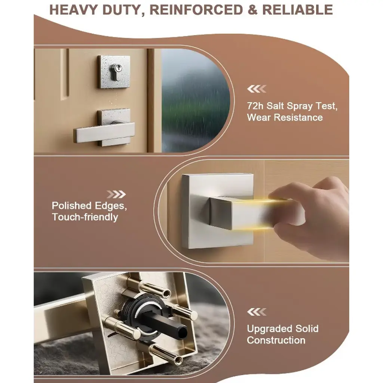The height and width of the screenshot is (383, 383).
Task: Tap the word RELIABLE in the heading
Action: click(297, 10)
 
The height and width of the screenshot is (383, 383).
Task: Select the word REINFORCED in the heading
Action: click(196, 10)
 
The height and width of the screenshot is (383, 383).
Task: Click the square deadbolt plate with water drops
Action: click(114, 72)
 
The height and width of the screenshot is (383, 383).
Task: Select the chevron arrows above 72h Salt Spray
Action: click(257, 89)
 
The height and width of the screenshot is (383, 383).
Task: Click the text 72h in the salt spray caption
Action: click(255, 106)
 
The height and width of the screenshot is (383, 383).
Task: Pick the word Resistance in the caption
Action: click(298, 117)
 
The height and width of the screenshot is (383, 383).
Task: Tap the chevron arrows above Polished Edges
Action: click(116, 194)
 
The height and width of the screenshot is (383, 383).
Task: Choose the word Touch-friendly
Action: click(85, 217)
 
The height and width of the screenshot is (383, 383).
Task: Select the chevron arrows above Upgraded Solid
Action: click(257, 312)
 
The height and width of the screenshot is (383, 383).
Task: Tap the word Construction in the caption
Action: click(276, 340)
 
